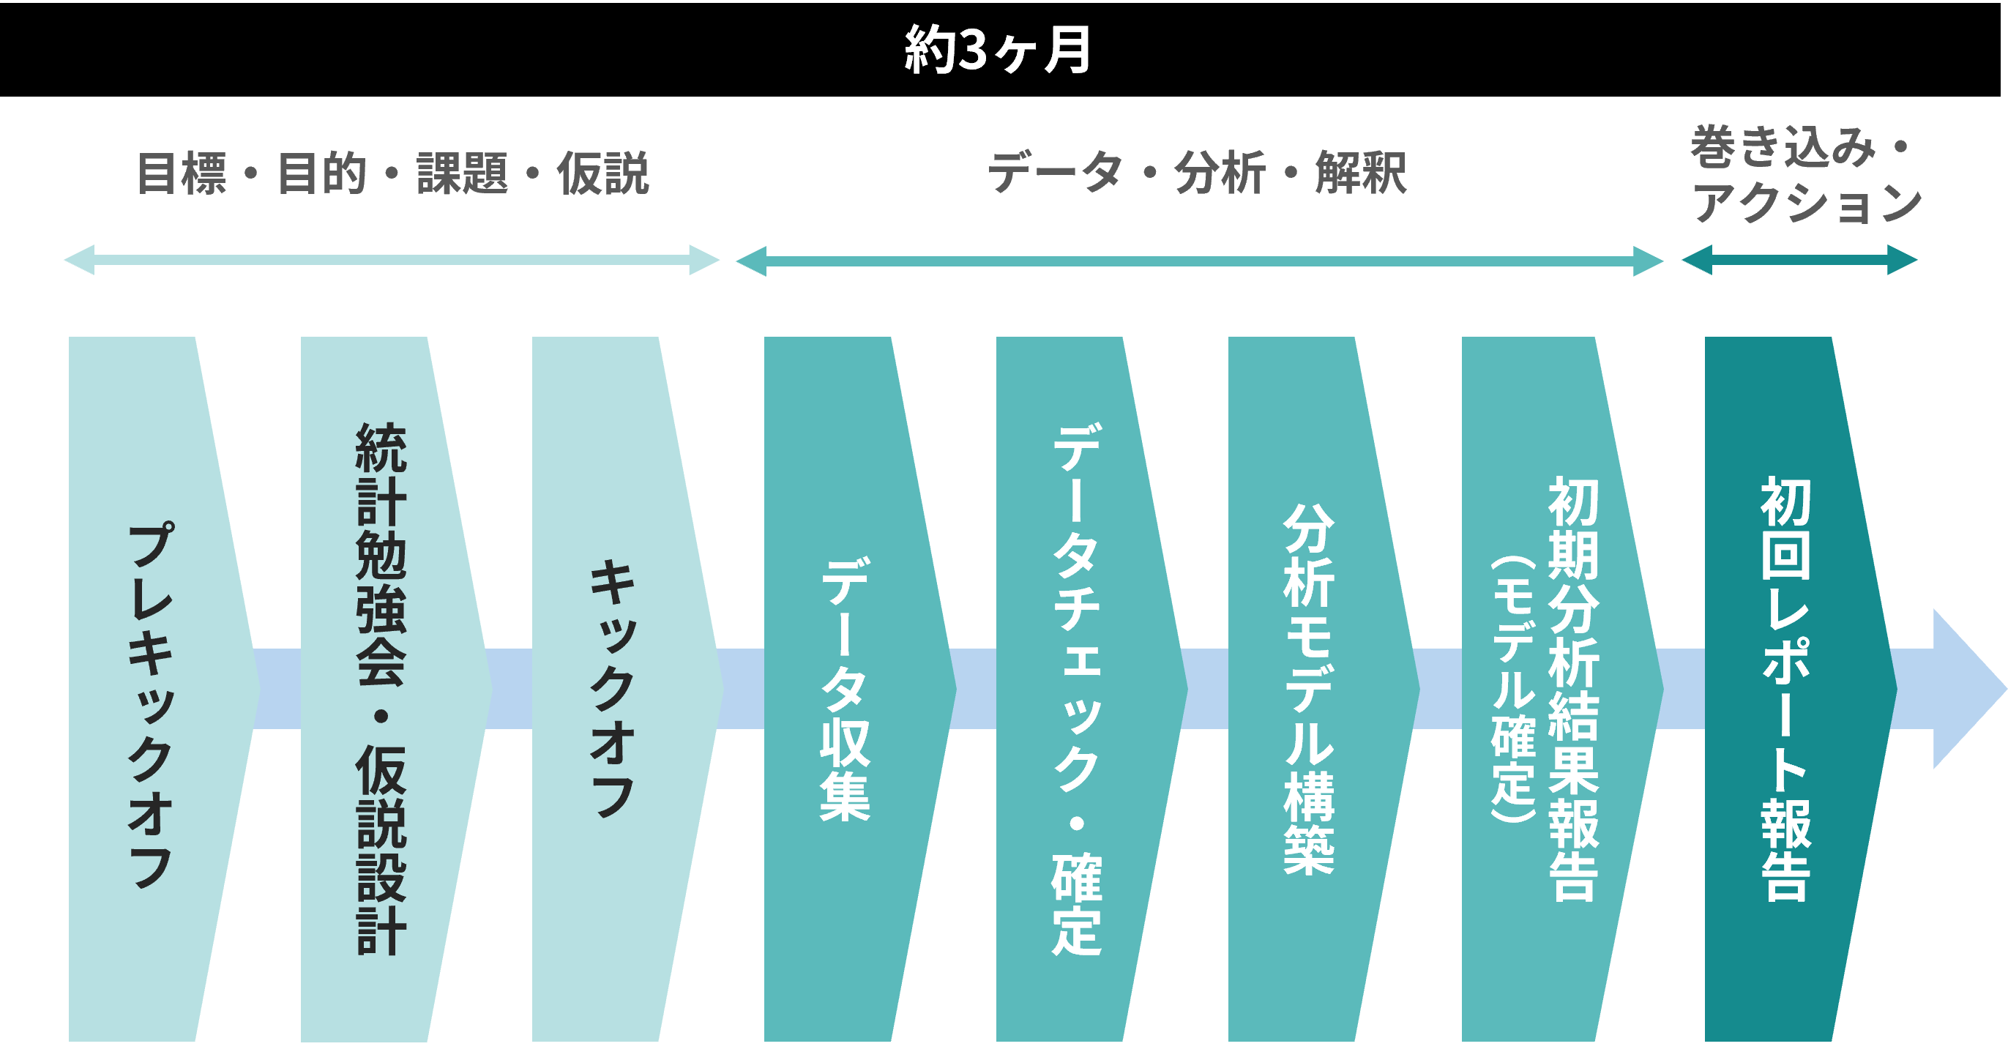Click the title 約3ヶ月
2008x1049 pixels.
[997, 50]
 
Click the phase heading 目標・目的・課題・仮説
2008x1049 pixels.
[392, 173]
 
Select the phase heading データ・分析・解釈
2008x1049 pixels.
[1198, 173]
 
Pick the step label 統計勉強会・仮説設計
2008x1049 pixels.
[381, 689]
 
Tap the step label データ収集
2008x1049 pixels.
[845, 689]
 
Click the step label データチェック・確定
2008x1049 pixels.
[1077, 689]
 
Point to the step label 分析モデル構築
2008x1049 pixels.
[1309, 689]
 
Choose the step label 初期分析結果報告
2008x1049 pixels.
[1574, 689]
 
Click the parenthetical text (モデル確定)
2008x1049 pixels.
[1513, 689]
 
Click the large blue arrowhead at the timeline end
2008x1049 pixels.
[1968, 689]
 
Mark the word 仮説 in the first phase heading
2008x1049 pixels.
[602, 173]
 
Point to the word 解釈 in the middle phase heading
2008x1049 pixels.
[1360, 173]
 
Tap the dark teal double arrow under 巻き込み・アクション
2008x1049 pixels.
[1799, 261]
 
